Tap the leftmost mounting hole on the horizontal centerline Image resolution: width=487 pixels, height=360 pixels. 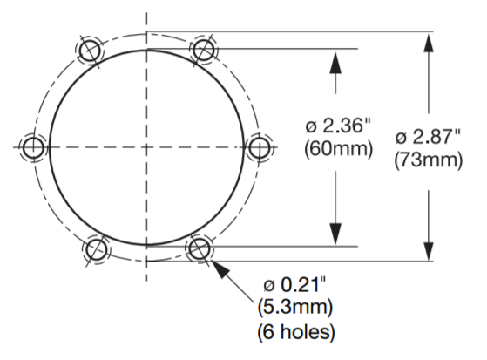coord(34,148)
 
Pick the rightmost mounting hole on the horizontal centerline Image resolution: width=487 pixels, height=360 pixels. coord(260,148)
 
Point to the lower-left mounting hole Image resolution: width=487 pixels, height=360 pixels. coord(95,248)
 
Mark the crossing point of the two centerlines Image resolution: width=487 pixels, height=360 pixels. coord(146,148)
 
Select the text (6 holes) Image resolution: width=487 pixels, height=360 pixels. coord(294,331)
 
